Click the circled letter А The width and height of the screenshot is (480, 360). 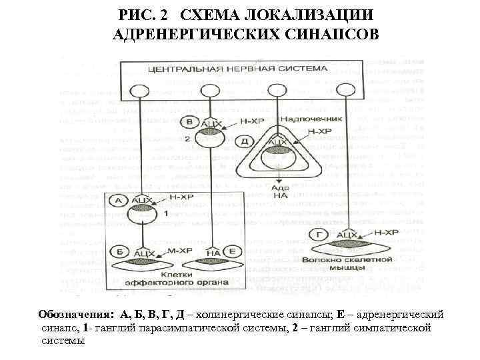pyautogui.click(x=120, y=199)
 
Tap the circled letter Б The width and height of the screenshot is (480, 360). pyautogui.click(x=120, y=252)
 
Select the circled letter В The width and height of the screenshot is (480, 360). pyautogui.click(x=190, y=122)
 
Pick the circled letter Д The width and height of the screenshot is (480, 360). pyautogui.click(x=245, y=141)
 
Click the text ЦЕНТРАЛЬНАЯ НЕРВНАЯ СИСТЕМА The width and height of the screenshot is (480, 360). pyautogui.click(x=237, y=69)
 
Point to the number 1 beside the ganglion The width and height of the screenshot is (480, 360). pyautogui.click(x=165, y=213)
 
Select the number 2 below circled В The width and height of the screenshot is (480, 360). pyautogui.click(x=188, y=139)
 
